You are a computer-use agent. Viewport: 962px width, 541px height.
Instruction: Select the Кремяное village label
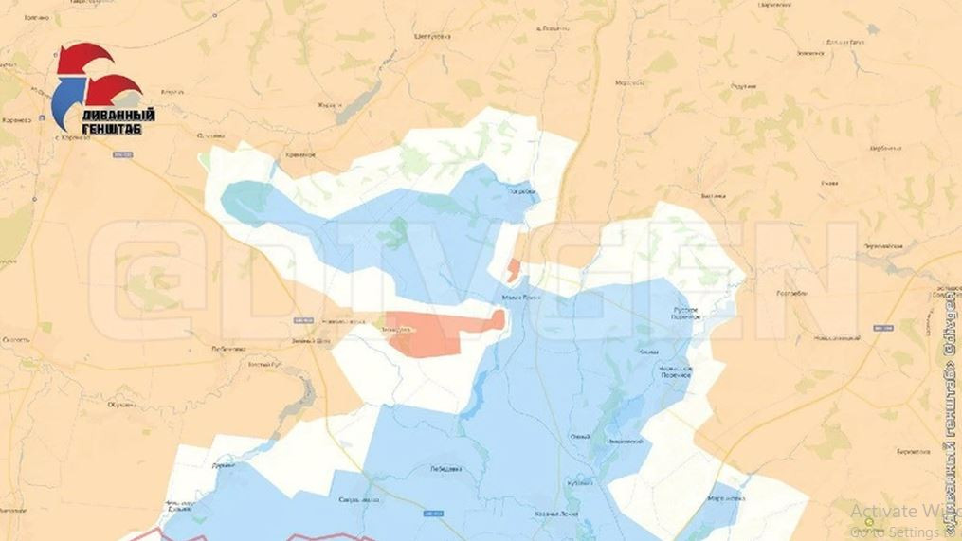click(299, 153)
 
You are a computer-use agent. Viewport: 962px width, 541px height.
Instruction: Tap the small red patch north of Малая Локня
click(513, 270)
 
